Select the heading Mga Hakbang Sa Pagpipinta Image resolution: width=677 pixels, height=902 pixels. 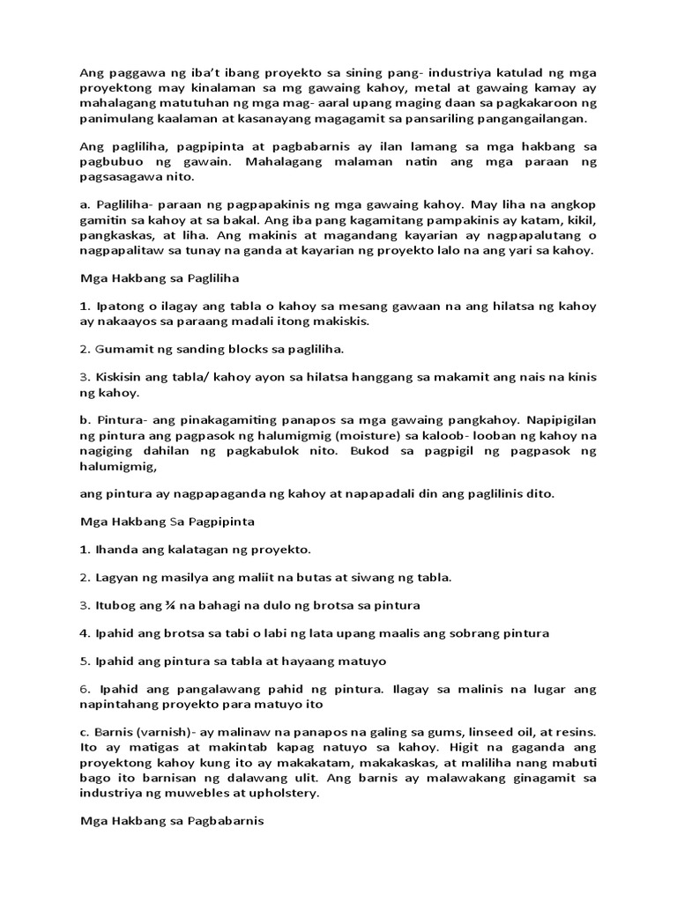pyautogui.click(x=167, y=521)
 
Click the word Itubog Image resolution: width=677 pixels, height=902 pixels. pyautogui.click(x=115, y=605)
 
